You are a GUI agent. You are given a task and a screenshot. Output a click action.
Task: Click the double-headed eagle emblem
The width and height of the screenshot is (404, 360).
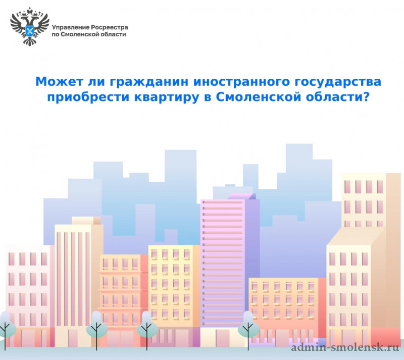click(x=30, y=27)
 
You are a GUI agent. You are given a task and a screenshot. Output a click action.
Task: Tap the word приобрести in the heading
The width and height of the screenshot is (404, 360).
click(x=88, y=97)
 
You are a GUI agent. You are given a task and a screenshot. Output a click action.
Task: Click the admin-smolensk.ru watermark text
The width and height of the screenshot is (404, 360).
click(x=345, y=347)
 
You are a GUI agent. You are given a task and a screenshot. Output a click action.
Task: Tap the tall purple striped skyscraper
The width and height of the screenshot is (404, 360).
click(x=229, y=260)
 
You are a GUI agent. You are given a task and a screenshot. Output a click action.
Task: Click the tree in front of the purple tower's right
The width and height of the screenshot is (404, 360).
click(x=248, y=330)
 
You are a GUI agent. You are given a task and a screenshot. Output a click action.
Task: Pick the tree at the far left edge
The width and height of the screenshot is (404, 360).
click(x=6, y=330)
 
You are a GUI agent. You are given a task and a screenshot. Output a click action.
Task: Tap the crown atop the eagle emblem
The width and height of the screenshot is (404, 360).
click(x=30, y=10)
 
